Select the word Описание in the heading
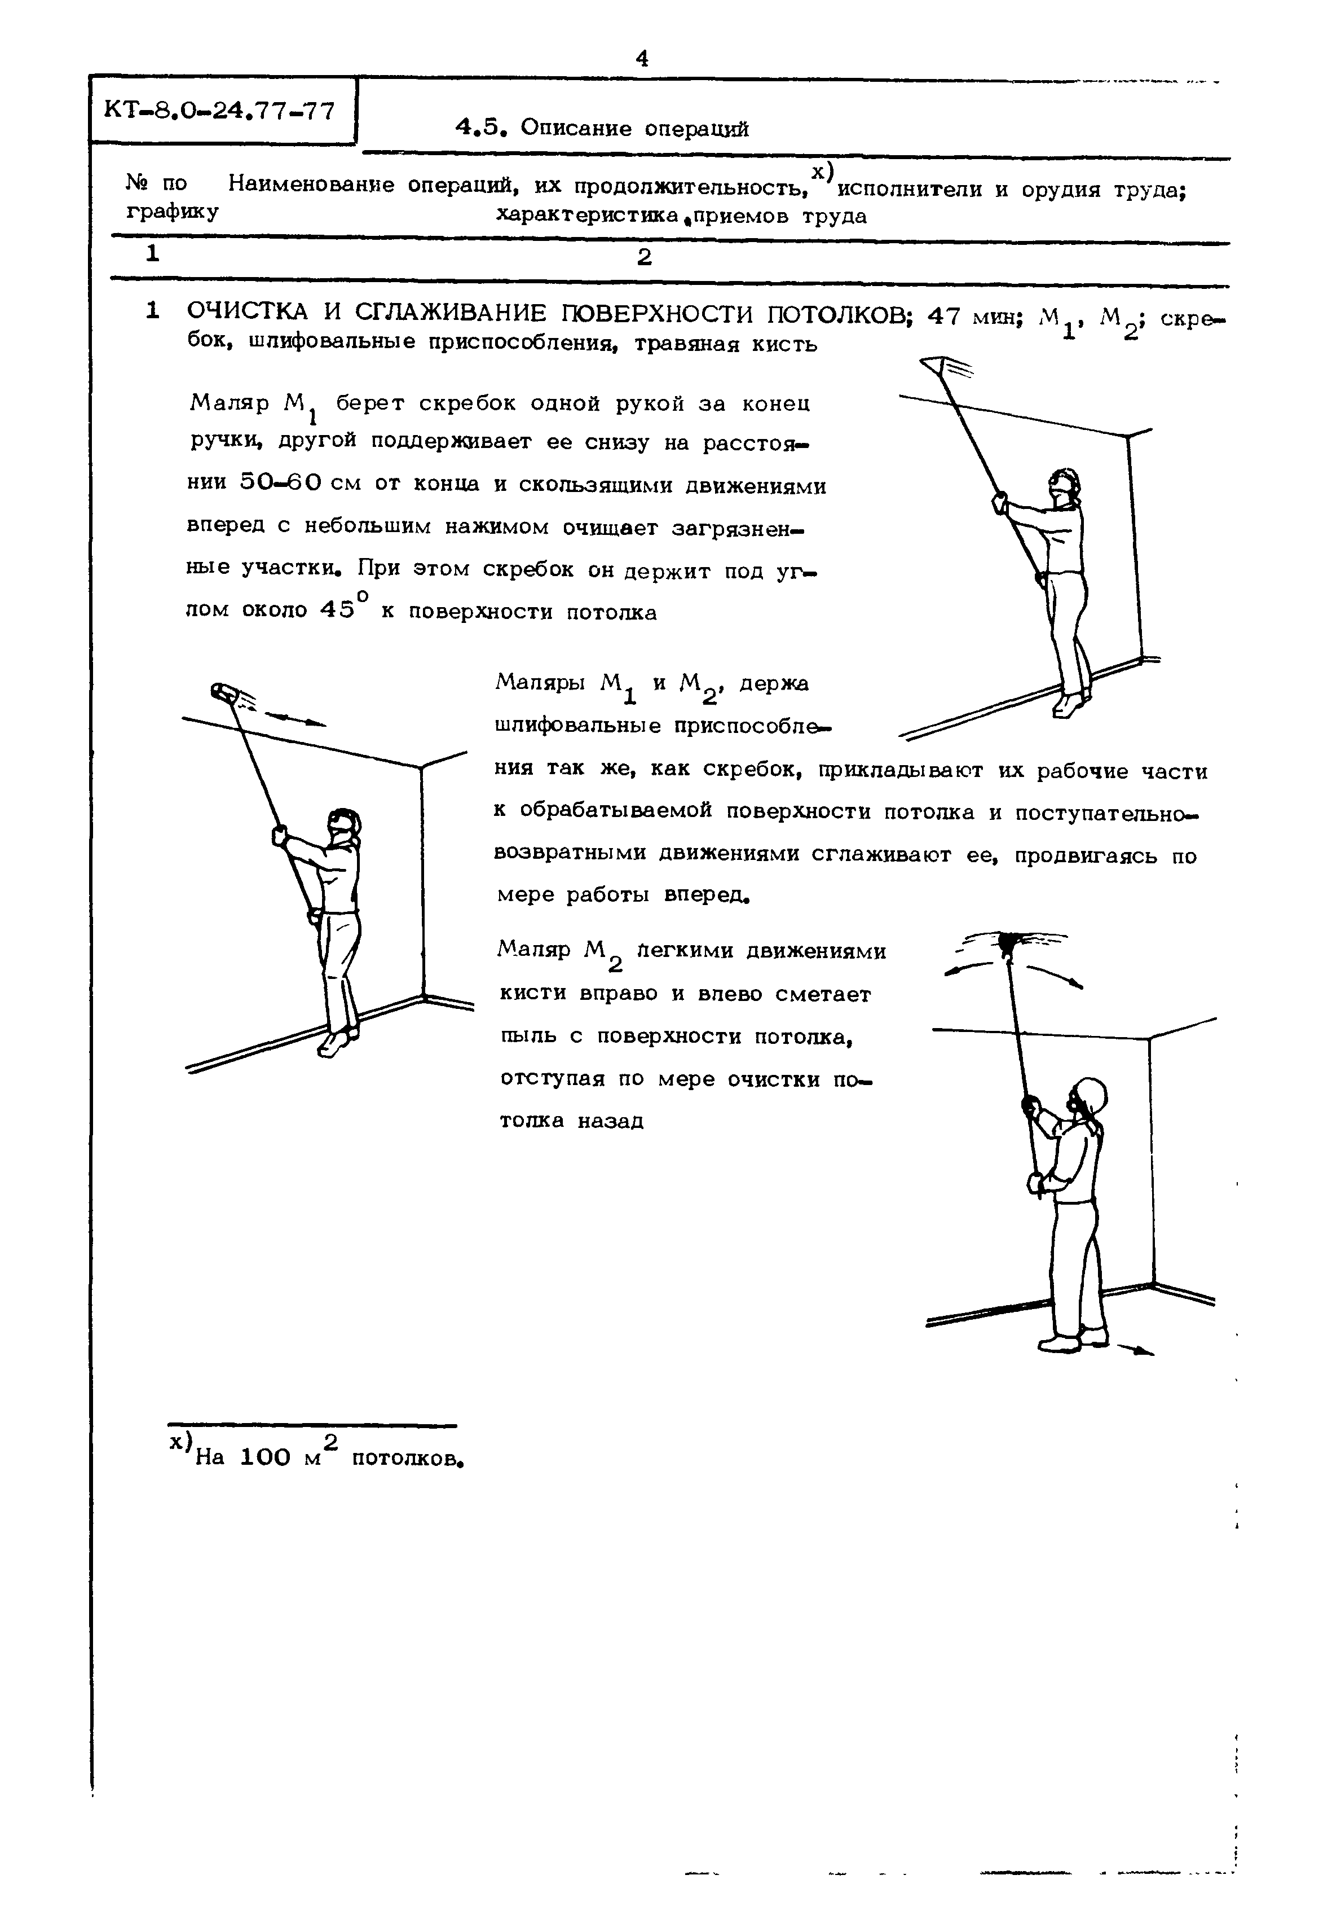tap(567, 129)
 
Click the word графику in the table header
tap(173, 212)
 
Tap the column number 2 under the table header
tap(643, 258)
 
